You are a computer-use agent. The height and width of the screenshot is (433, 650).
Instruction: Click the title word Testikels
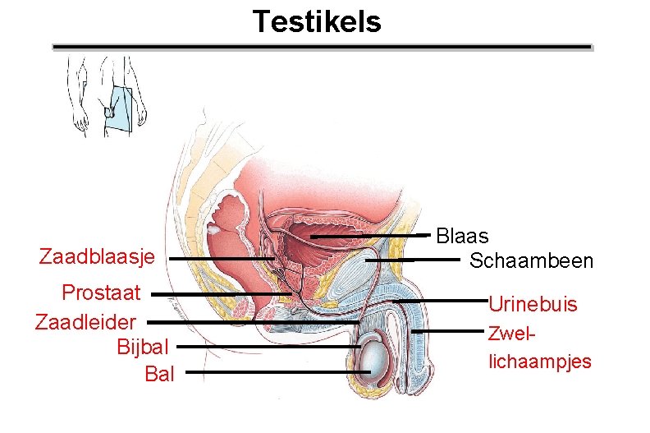coord(317,21)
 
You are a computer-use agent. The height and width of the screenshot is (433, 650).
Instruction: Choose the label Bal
coord(159,375)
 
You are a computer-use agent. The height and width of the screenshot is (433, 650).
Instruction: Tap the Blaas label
coord(462,237)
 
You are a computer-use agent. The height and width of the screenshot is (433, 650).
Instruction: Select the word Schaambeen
coord(530,261)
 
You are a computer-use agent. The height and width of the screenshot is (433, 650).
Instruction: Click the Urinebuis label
coord(533,305)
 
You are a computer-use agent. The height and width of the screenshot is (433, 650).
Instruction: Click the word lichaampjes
coord(539,362)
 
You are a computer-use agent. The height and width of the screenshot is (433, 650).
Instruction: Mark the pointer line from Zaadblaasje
coord(222,259)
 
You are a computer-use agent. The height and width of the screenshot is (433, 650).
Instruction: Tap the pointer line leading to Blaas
coord(369,237)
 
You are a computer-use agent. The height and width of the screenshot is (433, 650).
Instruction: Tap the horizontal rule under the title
coord(322,48)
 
